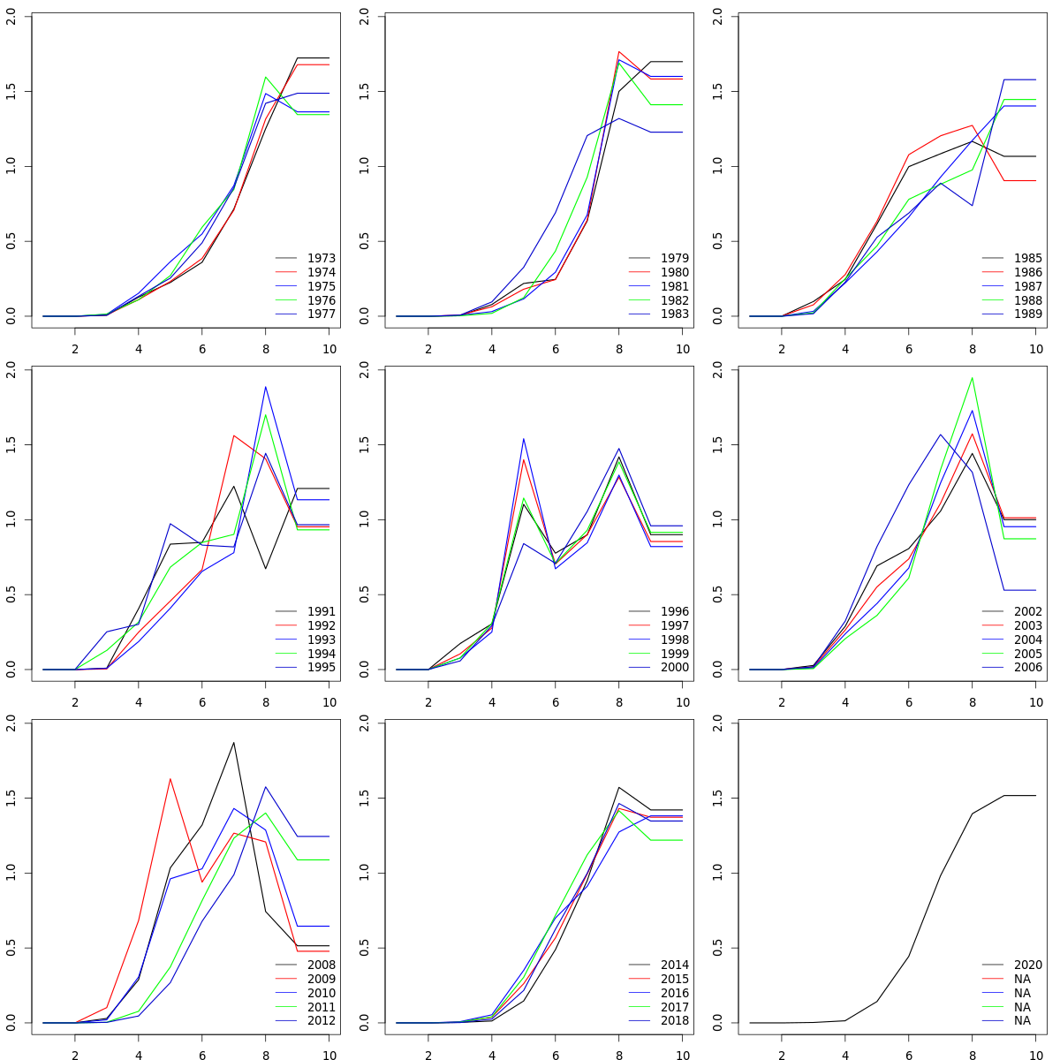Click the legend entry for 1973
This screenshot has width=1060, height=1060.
[321, 258]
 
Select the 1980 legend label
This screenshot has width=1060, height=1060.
[674, 272]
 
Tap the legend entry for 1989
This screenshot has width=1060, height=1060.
[1027, 314]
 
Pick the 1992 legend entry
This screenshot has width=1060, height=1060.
[321, 625]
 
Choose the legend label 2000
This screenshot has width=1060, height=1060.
[674, 668]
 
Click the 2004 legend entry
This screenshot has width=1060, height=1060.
[1027, 640]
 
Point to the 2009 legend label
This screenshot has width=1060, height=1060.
[321, 979]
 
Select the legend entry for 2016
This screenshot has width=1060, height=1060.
[674, 993]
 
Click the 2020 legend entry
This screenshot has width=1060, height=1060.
[1027, 965]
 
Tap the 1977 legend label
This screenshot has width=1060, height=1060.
[321, 314]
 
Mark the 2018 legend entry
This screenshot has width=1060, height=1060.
[674, 1021]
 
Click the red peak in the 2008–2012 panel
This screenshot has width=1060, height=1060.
[170, 779]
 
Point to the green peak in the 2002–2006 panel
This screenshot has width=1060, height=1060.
[973, 378]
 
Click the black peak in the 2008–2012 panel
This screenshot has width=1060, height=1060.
[234, 743]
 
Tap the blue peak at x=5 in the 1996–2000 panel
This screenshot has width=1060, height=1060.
[523, 439]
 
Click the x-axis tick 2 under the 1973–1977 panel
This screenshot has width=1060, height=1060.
[75, 349]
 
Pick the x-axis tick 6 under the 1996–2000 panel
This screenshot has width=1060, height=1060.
[556, 702]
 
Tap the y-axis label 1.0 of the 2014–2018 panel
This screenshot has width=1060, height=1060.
[364, 873]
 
